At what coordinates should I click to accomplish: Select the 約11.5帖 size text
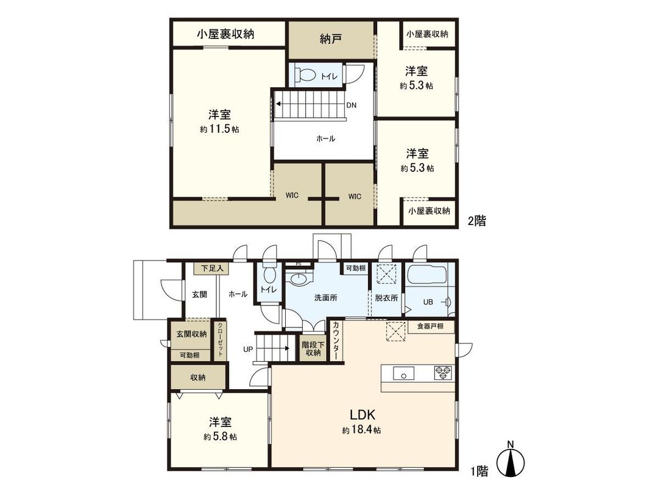219,129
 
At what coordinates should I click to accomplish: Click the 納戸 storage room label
330,39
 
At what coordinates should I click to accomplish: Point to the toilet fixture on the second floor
305,76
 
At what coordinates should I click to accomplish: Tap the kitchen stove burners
443,373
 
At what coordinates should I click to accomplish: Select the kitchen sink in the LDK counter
403,373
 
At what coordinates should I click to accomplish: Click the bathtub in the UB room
426,277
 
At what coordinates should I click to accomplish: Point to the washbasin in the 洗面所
300,279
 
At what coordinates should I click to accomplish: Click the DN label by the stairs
352,105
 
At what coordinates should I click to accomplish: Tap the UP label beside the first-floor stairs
248,350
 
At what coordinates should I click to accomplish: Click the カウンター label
336,340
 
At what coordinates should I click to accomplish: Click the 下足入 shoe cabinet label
213,268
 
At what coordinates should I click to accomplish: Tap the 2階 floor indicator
476,221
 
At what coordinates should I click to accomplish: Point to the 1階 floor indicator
479,470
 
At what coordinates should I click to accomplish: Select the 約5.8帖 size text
221,437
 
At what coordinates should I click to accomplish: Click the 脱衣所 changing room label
387,298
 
